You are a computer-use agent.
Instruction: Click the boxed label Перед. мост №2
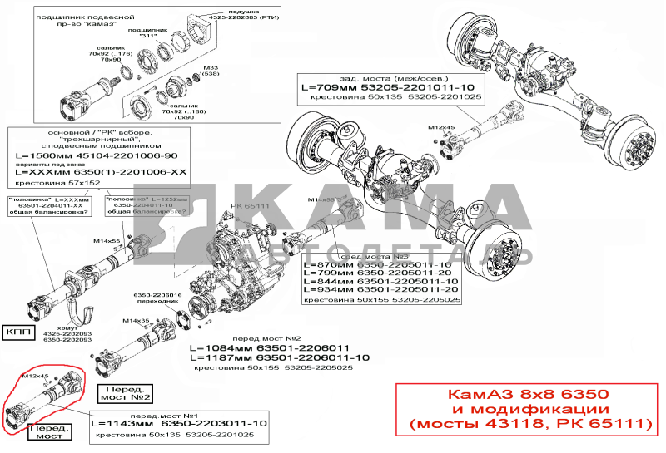click(x=125, y=393)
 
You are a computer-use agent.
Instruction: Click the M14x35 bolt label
click(x=135, y=320)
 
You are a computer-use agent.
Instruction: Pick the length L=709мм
click(x=327, y=86)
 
